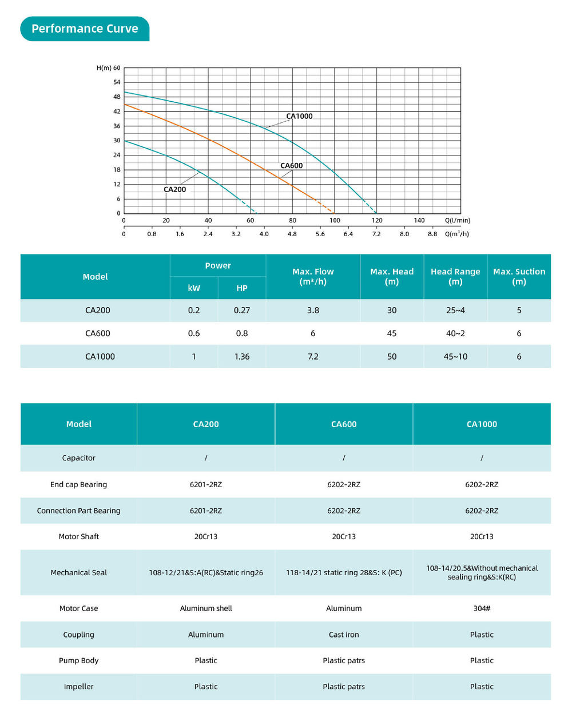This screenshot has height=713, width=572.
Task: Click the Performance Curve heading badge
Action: [85, 29]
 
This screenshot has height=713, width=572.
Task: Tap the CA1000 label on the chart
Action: [299, 116]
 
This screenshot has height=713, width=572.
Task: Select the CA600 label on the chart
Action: [291, 166]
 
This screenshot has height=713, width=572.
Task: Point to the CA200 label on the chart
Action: [174, 189]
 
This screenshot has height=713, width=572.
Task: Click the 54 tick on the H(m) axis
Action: [117, 82]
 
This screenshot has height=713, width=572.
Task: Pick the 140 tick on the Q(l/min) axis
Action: [419, 220]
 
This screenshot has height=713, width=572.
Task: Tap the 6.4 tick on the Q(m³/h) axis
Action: [348, 234]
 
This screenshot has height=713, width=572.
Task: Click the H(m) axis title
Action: [104, 68]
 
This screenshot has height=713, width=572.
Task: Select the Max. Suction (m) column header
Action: [519, 276]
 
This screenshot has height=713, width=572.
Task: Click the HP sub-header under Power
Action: [242, 288]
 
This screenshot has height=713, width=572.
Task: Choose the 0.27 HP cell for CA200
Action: [242, 310]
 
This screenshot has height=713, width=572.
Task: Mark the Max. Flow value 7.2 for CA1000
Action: [313, 356]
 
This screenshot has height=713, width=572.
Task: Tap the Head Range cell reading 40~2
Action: [455, 333]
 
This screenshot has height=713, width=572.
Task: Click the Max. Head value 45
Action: [392, 333]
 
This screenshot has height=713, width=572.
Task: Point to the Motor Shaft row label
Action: [78, 536]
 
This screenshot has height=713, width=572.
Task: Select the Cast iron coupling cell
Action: [344, 635]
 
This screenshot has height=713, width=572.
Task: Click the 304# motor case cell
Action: [482, 608]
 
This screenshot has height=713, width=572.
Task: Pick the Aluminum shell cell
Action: [206, 608]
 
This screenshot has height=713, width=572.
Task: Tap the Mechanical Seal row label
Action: [78, 572]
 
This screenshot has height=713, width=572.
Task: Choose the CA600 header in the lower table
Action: [344, 424]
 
